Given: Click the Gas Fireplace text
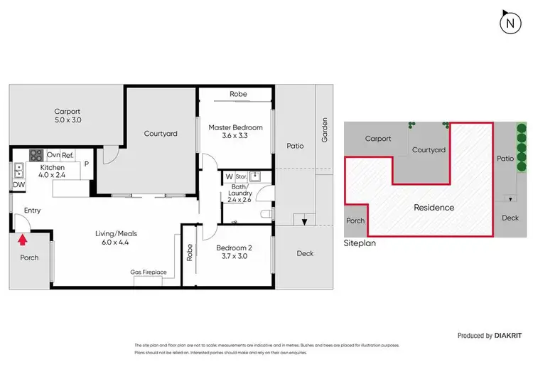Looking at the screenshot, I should pyautogui.click(x=149, y=272).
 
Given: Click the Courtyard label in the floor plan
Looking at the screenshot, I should pyautogui.click(x=161, y=133).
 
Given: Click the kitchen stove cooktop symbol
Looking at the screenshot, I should pyautogui.click(x=36, y=155).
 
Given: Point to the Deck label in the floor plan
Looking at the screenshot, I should pyautogui.click(x=304, y=252).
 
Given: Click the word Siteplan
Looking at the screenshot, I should pyautogui.click(x=360, y=242).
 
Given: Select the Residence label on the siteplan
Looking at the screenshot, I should pyautogui.click(x=434, y=208).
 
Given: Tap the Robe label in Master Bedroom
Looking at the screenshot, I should pyautogui.click(x=238, y=94).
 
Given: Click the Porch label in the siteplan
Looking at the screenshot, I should pyautogui.click(x=355, y=221).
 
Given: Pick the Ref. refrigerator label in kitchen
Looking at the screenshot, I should pyautogui.click(x=68, y=155).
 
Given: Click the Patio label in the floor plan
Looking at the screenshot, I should pyautogui.click(x=295, y=146).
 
